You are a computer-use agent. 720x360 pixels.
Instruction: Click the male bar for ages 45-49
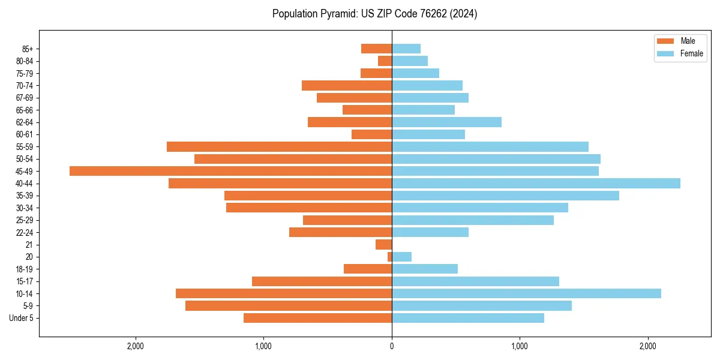pos(230,171)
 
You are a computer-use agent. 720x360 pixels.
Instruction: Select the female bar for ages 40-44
pos(536,183)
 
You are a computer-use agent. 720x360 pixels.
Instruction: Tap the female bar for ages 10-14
pos(526,293)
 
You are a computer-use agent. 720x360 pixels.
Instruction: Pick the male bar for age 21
pos(384,244)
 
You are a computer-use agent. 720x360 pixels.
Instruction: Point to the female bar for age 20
pos(401,257)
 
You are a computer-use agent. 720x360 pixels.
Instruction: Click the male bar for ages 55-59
pos(279,146)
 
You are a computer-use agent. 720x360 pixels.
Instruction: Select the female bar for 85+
pos(406,49)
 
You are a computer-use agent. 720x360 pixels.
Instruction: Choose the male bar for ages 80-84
pos(385,61)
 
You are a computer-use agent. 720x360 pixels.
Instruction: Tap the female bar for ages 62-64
pos(446,122)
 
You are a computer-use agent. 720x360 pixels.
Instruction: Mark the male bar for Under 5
pos(317,318)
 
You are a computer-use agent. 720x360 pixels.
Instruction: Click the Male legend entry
pos(688,41)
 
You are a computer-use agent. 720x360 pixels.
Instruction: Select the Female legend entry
pos(691,53)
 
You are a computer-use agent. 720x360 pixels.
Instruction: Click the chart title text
pos(374,14)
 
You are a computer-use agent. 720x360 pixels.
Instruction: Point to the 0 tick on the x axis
pos(392,346)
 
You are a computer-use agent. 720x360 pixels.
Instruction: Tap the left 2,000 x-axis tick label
pos(136,346)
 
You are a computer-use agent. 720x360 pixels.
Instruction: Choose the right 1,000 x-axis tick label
pos(520,346)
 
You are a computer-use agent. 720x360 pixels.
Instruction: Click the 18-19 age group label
pos(25,269)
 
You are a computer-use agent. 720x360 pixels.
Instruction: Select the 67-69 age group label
pos(25,98)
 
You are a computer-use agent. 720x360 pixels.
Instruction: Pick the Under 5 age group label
pos(22,318)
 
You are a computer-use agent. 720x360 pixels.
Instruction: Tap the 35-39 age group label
pos(25,196)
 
